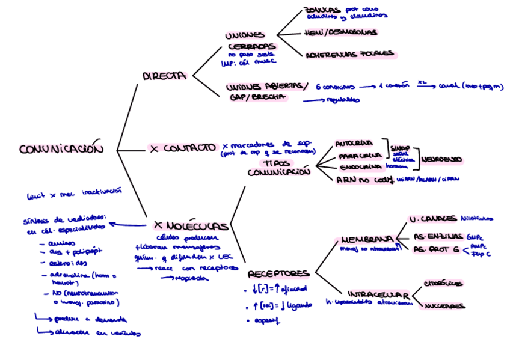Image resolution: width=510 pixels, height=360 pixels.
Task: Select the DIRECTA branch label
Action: pos(164,76)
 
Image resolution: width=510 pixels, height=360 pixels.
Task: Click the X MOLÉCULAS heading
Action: pos(191,226)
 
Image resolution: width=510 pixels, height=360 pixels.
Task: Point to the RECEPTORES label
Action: pos(278,273)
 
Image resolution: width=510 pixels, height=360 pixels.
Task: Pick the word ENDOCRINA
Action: pos(357,167)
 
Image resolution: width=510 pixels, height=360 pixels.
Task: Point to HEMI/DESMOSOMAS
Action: pos(340,32)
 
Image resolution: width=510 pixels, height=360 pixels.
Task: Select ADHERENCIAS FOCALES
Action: pos(349,55)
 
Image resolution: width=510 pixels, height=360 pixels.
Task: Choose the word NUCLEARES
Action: pos(444,306)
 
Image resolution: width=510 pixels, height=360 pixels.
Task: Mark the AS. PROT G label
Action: pos(437,249)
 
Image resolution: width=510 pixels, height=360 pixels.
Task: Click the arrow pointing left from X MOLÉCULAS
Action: pos(127,225)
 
